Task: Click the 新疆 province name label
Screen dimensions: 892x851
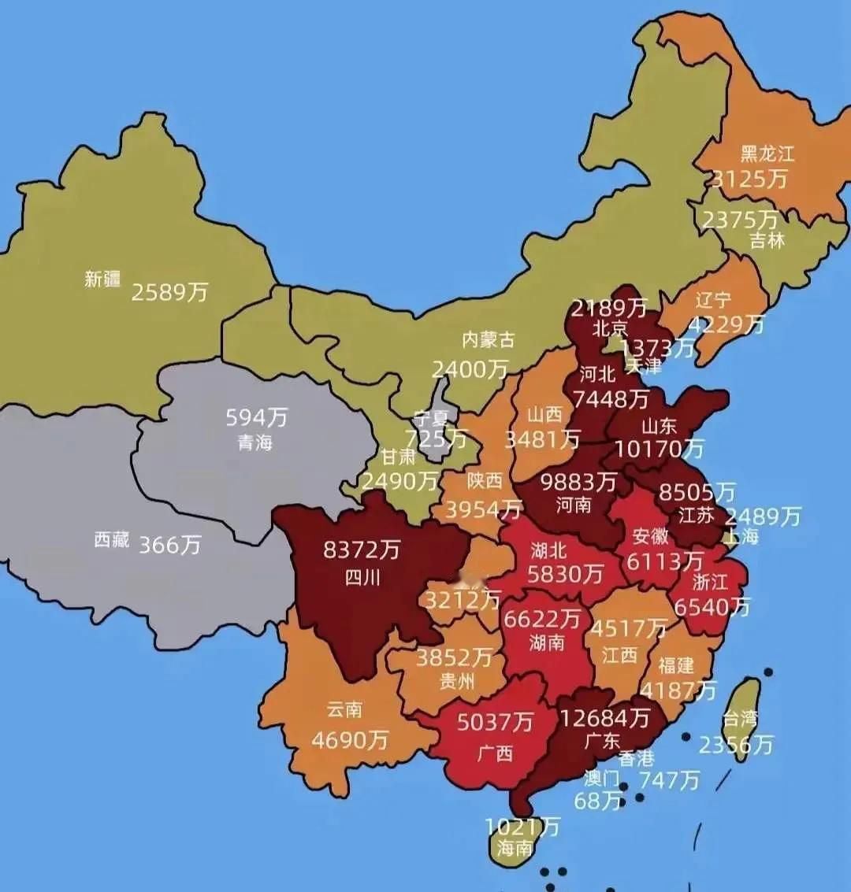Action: click(102, 279)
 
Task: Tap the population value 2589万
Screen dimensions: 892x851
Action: click(169, 292)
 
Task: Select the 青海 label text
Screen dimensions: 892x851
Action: click(255, 442)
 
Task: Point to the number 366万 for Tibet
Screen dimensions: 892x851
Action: click(170, 544)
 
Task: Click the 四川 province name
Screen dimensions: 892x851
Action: click(362, 577)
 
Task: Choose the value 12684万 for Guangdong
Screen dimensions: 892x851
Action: click(604, 717)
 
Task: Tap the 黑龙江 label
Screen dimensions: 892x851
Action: click(767, 154)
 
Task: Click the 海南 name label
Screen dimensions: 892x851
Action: click(515, 848)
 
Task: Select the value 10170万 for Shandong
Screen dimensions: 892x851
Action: click(659, 449)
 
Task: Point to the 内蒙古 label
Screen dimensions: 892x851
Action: click(488, 339)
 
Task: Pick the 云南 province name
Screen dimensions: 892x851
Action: click(344, 709)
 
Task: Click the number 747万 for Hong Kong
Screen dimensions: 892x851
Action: click(668, 779)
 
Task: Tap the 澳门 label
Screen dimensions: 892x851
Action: click(601, 779)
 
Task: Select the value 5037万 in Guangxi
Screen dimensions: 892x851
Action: click(495, 721)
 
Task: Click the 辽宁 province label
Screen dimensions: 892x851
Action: click(713, 300)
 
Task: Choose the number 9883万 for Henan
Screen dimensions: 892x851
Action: click(578, 481)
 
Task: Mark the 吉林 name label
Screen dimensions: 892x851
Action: click(767, 240)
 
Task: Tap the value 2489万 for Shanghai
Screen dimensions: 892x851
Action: click(762, 516)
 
